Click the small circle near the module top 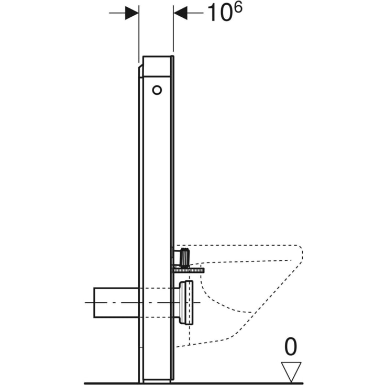(x=157, y=90)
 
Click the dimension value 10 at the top (x=218, y=14)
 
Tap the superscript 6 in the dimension (x=237, y=8)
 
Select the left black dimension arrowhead (x=131, y=14)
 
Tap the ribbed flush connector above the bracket (x=183, y=257)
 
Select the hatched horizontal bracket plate (x=187, y=270)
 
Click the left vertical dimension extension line (x=138, y=31)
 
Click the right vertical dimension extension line (x=173, y=31)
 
